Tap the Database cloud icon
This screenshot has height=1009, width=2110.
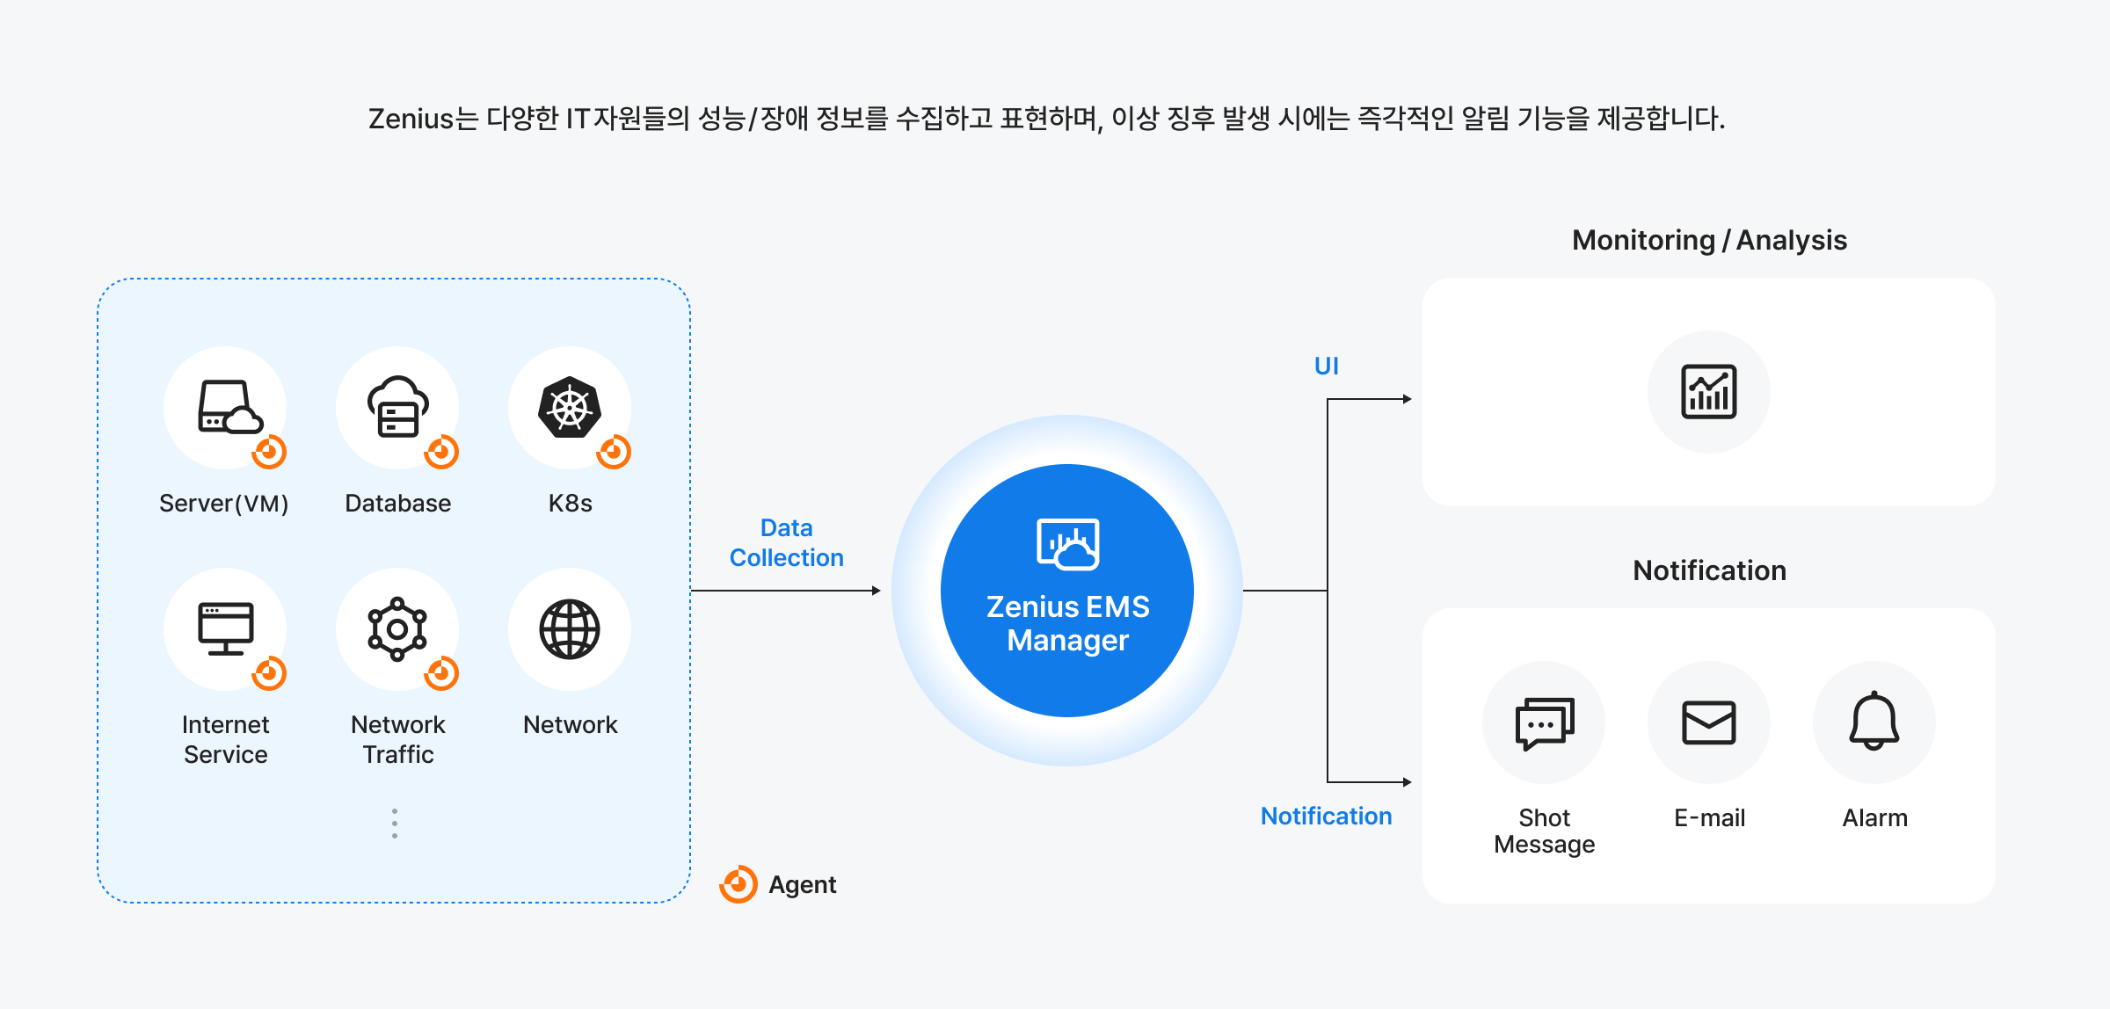[x=397, y=407]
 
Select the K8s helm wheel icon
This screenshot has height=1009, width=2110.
[x=570, y=407]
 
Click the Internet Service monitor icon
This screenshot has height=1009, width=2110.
[x=226, y=628]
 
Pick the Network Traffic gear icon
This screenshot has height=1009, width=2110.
[x=397, y=628]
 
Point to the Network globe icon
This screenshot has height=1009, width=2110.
[x=570, y=628]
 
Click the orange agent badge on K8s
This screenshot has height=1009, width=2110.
[x=614, y=452]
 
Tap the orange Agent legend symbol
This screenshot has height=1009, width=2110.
[x=738, y=884]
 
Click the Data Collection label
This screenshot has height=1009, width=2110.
[x=786, y=542]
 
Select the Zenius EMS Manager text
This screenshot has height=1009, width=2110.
[x=1067, y=623]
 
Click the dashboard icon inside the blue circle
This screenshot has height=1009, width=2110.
[x=1067, y=544]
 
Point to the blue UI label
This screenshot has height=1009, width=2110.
[x=1326, y=366]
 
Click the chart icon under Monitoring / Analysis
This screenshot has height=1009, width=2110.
[x=1708, y=391]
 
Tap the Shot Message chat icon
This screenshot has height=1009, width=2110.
[x=1544, y=722]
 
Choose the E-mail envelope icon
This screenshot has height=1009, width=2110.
[x=1708, y=722]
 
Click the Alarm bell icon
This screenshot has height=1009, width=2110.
[x=1874, y=721]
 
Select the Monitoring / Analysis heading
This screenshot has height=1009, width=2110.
[x=1709, y=240]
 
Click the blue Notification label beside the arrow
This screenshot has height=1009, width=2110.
[x=1326, y=816]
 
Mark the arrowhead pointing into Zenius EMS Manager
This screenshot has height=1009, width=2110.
[x=876, y=591]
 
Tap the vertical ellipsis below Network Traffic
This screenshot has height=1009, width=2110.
[x=395, y=824]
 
